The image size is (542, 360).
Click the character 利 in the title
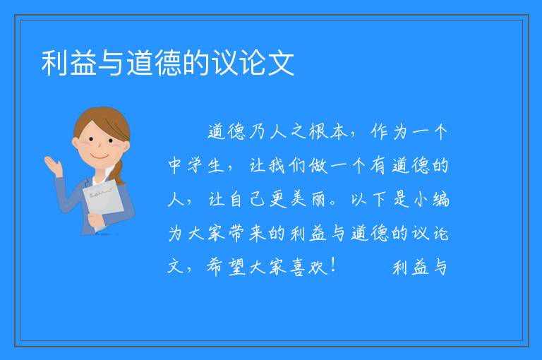54,63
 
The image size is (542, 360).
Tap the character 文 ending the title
281,63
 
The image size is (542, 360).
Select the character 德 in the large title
168,63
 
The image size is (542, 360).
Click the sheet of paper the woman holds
103,201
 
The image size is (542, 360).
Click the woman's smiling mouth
100,157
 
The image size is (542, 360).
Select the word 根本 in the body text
328,131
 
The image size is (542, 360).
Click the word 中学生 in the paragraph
196,165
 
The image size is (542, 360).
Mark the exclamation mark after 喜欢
333,266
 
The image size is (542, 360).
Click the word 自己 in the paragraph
247,199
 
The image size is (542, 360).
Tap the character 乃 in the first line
257,131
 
